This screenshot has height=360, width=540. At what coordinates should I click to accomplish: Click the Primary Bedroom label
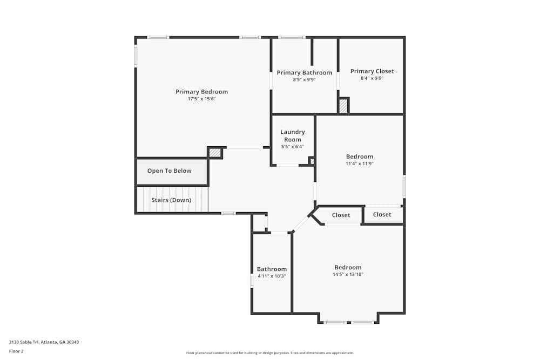201,92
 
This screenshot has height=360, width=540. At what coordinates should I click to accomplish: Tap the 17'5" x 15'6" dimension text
201,99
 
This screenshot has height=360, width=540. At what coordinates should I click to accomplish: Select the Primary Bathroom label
305,73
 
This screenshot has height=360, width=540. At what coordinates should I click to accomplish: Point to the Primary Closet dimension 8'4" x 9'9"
372,78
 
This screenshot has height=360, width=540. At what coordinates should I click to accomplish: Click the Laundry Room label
292,135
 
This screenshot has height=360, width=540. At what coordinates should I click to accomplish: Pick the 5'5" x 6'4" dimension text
292,147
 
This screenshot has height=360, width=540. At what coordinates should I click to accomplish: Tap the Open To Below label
169,171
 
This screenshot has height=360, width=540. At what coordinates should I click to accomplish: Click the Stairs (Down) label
171,200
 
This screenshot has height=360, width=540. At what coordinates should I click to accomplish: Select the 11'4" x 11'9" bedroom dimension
360,164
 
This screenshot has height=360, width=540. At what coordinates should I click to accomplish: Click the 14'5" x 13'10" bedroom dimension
348,274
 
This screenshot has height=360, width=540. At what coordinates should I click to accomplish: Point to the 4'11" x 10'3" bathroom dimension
272,276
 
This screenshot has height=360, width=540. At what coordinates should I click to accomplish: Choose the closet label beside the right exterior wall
382,214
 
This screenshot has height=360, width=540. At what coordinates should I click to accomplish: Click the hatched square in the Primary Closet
343,106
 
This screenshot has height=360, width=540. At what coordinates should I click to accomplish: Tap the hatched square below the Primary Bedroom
214,152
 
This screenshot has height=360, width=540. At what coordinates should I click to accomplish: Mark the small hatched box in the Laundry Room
312,161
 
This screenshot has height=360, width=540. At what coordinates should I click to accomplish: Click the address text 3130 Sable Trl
24,342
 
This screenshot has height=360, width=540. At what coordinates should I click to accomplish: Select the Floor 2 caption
16,351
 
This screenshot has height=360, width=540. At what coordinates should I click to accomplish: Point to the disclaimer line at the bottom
269,353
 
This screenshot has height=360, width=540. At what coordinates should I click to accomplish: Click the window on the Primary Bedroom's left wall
136,56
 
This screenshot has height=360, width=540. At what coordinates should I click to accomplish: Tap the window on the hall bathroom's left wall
252,281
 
